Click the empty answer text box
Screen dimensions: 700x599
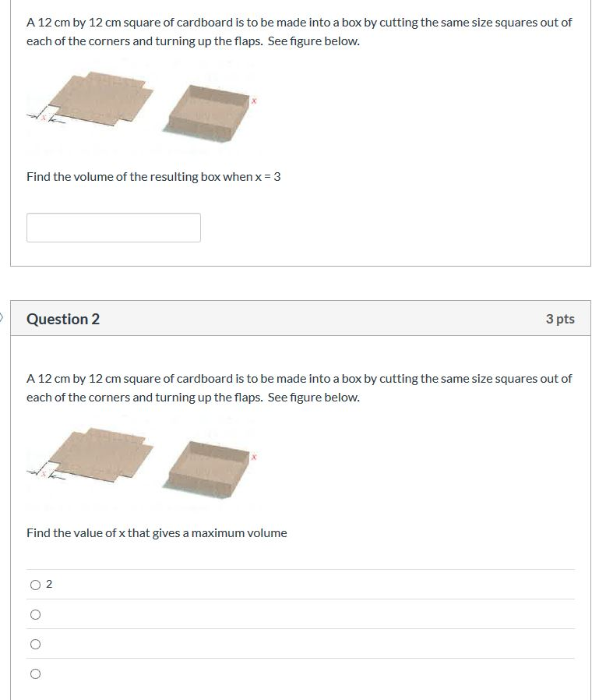click(114, 228)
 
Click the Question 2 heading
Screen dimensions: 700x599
click(63, 319)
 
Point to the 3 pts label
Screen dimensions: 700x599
click(560, 319)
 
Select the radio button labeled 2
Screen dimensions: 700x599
click(35, 585)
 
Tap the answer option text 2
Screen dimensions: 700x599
click(49, 585)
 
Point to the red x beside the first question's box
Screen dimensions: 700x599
click(253, 101)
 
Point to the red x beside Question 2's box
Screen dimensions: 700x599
click(253, 457)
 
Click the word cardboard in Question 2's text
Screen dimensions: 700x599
click(208, 379)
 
